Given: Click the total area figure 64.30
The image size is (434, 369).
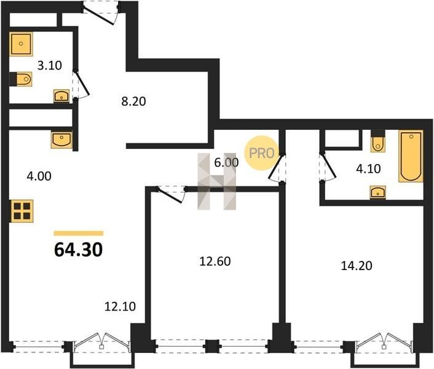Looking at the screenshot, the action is tap(79, 250).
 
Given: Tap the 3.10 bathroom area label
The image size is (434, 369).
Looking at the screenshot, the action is tap(50, 66).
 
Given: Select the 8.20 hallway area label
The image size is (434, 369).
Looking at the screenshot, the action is tap(133, 101).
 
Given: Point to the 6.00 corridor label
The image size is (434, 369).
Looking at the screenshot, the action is tap(226, 162).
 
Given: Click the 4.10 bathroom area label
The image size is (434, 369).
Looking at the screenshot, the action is tap(368, 169).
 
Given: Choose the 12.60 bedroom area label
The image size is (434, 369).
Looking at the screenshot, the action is tap(215, 261).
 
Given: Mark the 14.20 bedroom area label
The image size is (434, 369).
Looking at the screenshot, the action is tap(357, 266).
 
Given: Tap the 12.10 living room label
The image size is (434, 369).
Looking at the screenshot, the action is tap(120, 306).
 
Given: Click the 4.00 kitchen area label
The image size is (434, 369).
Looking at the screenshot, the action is tap(39, 176).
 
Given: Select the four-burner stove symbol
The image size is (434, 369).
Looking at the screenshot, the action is tap(22, 211).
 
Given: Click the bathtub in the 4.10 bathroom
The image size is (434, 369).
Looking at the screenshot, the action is tap(411, 156).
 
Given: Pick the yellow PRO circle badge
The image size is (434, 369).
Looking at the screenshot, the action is tap(261, 153).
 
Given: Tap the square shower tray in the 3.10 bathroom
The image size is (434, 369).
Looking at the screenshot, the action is tap(21, 44).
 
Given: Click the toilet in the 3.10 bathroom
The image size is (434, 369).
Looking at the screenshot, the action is tap(21, 79).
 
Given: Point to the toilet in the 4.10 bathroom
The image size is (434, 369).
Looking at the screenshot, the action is tap(378, 141).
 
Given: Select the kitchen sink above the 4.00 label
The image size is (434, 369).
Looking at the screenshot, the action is tap(61, 140).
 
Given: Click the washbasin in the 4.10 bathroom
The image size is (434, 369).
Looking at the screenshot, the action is tap(378, 192).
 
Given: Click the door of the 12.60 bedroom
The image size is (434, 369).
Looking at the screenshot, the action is tap(171, 194).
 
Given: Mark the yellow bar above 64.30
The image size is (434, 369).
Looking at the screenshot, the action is tap(79, 233).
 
